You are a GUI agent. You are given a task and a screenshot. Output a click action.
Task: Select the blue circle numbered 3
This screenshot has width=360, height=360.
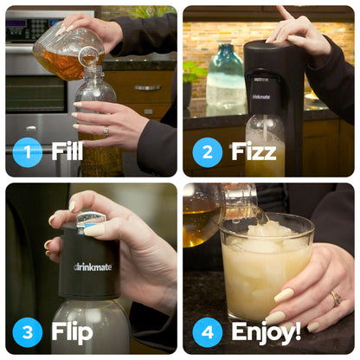pos(28,331)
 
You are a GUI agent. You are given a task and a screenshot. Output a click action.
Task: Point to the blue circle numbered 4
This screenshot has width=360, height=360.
pos(208,331)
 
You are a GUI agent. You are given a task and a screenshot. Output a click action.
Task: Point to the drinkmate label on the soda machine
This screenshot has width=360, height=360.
pos(260,96)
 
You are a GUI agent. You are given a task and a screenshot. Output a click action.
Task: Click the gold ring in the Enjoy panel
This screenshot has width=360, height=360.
pos(335,299)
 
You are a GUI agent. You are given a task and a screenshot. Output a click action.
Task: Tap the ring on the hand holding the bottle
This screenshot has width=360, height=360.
pos(106,130)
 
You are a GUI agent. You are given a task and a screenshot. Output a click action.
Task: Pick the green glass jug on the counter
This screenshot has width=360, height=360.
pos(226,80)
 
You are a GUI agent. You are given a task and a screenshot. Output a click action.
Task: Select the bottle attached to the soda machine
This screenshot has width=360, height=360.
pos(265,145)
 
